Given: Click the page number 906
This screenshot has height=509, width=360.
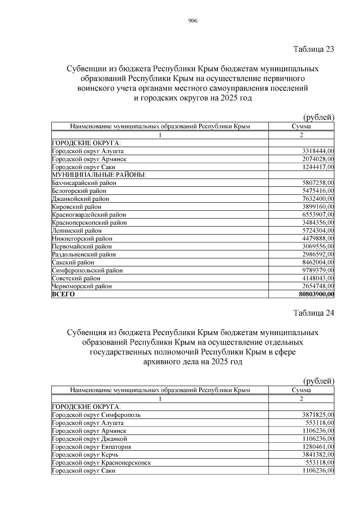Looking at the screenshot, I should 193,21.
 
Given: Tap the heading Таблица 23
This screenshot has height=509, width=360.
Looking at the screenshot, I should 313,49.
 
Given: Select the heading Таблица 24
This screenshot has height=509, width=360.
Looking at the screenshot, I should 313,313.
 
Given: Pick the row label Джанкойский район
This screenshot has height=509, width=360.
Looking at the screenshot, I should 80,199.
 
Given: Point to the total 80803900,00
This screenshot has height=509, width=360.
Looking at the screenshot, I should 316,294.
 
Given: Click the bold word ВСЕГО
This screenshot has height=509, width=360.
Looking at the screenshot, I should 63,294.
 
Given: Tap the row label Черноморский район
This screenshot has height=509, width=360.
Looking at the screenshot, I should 82,286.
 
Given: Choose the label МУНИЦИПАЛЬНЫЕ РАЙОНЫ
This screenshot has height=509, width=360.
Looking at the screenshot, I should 99,175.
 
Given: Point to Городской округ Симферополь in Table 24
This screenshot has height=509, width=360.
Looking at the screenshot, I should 96,415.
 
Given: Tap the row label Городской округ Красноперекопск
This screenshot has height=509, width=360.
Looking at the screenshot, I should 101,463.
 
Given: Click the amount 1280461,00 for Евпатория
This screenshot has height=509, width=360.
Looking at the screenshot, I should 318,447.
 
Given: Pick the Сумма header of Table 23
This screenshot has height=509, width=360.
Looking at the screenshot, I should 301,126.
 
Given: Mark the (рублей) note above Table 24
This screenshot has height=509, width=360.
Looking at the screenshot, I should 319,381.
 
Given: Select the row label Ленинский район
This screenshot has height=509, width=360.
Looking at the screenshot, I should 77,231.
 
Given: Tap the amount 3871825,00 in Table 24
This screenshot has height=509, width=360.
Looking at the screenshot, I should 318,415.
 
